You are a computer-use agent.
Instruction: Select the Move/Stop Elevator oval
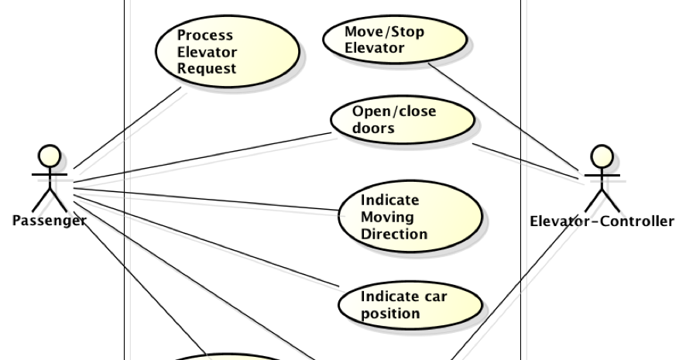[394, 39]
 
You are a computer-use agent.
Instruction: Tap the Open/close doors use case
[402, 120]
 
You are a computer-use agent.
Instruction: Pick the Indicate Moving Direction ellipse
[410, 216]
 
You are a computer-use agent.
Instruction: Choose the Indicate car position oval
[410, 304]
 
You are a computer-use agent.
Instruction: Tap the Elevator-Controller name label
[601, 221]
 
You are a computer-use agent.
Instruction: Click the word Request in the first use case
[206, 68]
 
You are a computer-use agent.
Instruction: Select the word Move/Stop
[384, 32]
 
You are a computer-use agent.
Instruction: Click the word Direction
[393, 234]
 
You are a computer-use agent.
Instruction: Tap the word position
[390, 314]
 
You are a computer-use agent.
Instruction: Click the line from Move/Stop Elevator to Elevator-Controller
[503, 116]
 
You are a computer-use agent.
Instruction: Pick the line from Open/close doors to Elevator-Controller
[527, 161]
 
